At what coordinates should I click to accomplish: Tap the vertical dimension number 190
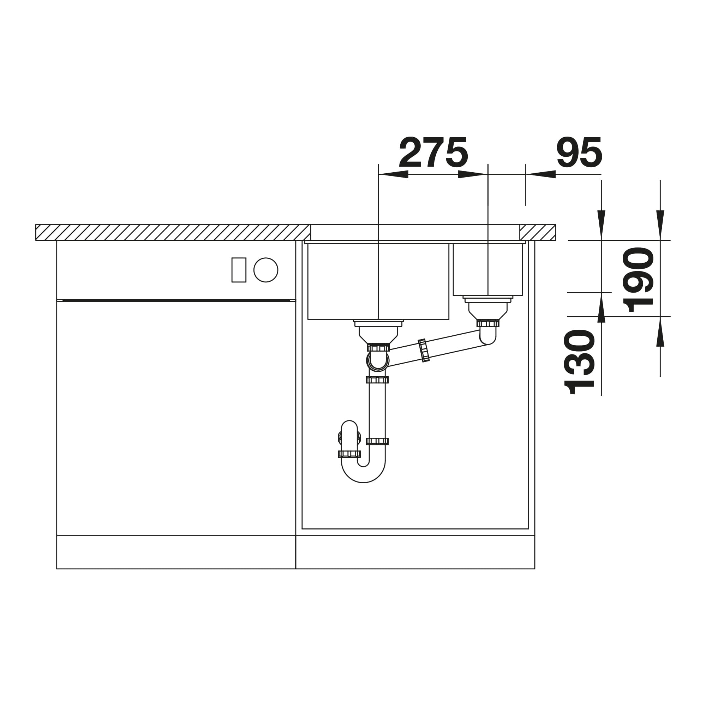(638, 280)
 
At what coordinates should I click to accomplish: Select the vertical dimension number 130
(579, 362)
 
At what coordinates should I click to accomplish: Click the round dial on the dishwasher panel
(266, 270)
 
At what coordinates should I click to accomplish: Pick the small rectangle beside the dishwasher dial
(239, 270)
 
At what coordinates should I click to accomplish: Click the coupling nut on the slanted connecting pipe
(424, 351)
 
